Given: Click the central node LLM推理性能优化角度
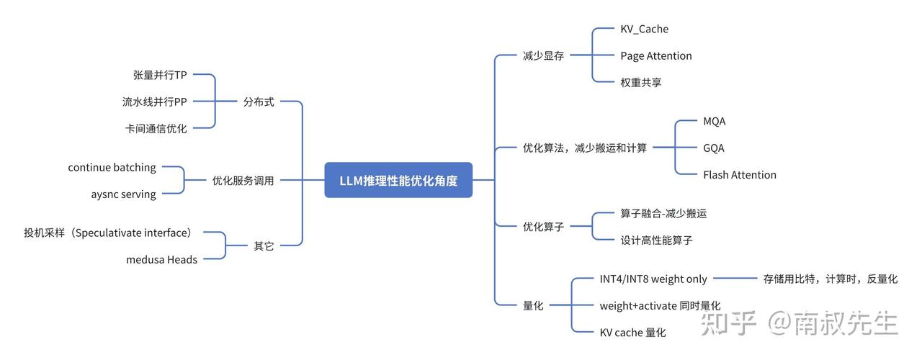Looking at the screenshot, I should pos(398,180).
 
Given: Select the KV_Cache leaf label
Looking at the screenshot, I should pos(644,30).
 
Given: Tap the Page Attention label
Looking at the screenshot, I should pos(655,56).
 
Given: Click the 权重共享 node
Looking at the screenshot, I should pos(640,82).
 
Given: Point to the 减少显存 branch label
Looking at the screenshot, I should pos(543,56).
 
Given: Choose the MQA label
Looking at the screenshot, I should pos(714,122).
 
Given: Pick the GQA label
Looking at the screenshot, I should pos(713,148).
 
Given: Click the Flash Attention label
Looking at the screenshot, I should pos(739,175).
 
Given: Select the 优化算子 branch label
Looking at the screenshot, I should pos(543,227).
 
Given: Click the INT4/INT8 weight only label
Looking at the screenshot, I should pos(653,279).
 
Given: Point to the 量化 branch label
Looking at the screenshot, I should pos(533,305).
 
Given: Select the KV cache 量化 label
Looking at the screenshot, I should pos(632,333).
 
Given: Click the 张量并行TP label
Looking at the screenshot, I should pos(160,76).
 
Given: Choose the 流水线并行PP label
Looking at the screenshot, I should pos(154,102).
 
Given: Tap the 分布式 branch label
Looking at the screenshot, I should pos(259,102).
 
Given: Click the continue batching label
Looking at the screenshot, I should pos(112,168).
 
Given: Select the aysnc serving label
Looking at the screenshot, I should pos(123,194).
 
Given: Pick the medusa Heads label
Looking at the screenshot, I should pos(161,260).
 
